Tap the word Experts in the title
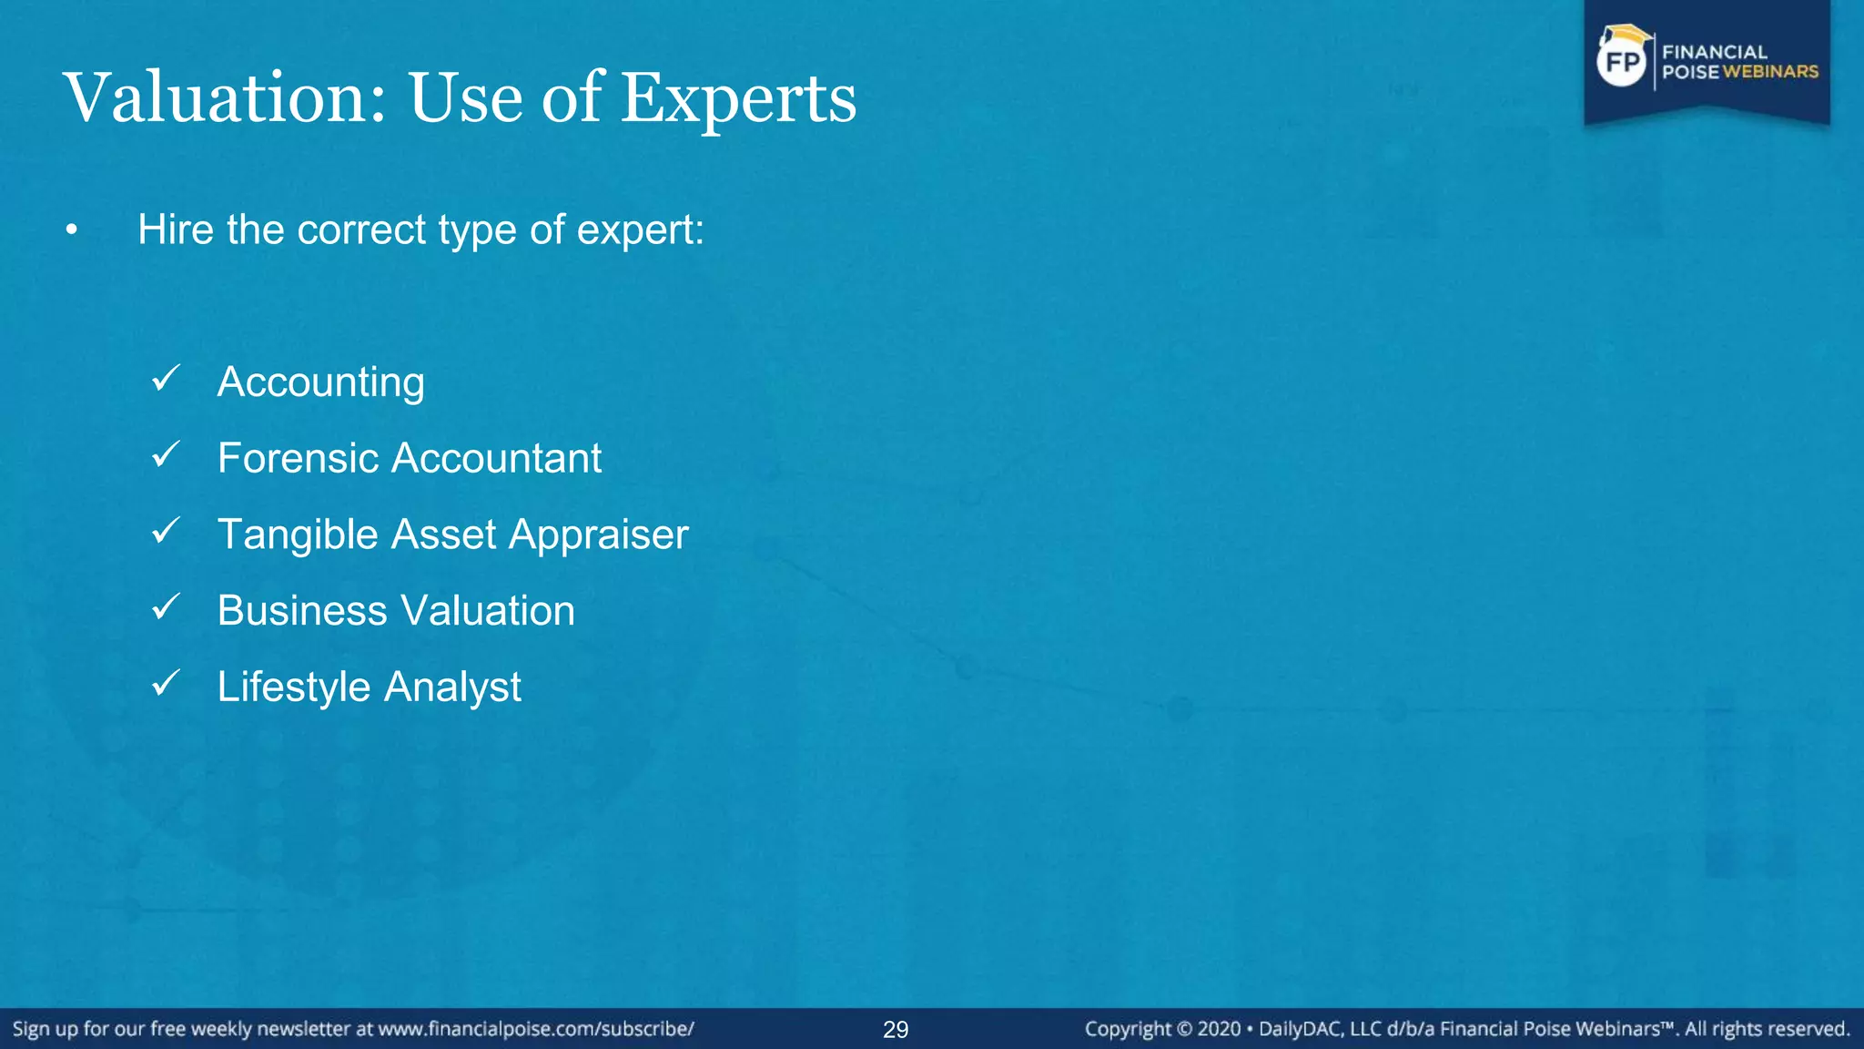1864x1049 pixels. [738, 99]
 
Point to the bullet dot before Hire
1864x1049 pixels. [72, 231]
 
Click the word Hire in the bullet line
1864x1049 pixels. [176, 229]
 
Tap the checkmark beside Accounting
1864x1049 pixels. [167, 378]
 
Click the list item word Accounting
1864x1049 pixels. [320, 382]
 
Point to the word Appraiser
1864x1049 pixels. [598, 535]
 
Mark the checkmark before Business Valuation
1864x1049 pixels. [167, 606]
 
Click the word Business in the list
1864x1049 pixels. [302, 610]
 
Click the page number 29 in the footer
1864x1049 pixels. [896, 1030]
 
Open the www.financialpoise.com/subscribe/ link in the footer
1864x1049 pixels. [536, 1029]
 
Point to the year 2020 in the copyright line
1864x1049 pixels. [1219, 1029]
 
